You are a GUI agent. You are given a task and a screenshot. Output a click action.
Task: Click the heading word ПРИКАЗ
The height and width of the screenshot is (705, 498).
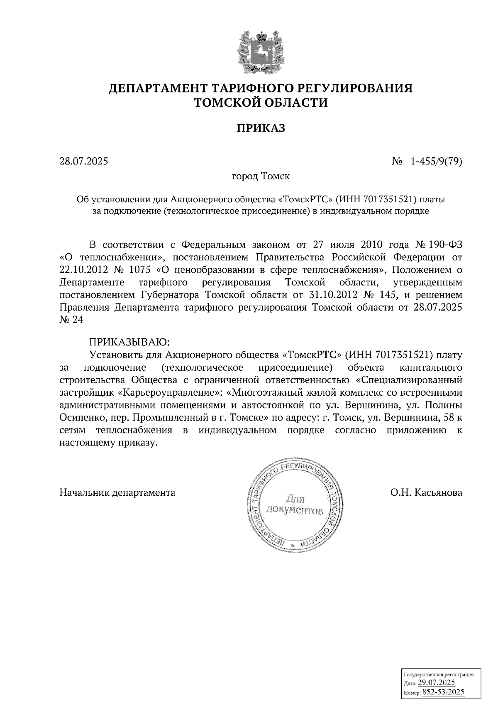[x=261, y=128]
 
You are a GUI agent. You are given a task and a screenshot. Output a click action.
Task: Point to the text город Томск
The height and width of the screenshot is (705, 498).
[x=261, y=176]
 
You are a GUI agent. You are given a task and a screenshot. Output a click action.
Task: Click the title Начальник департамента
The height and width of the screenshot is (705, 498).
[x=117, y=493]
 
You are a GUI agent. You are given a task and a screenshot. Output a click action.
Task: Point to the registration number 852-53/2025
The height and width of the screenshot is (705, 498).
[x=443, y=692]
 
